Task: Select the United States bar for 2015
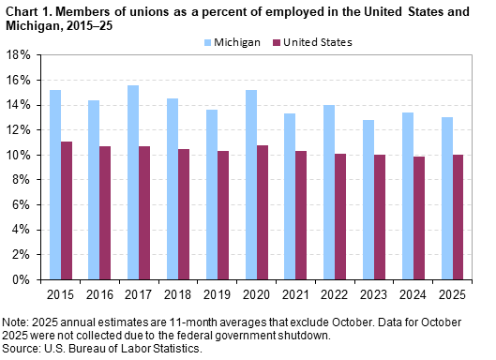pyautogui.click(x=67, y=210)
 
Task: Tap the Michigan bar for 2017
pyautogui.click(x=132, y=182)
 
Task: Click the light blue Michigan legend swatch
pyautogui.click(x=209, y=42)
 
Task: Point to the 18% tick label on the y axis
pyautogui.click(x=19, y=54)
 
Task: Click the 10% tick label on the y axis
pyautogui.click(x=19, y=155)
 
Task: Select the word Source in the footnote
pyautogui.click(x=20, y=348)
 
